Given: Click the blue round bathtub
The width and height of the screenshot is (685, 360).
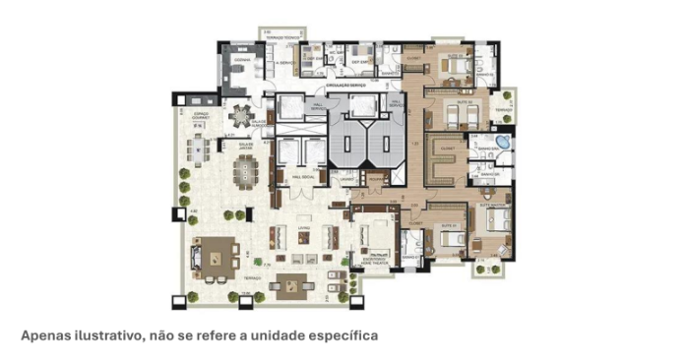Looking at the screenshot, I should pos(502,144).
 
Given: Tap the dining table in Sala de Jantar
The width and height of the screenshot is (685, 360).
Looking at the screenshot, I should pos(243,171).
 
